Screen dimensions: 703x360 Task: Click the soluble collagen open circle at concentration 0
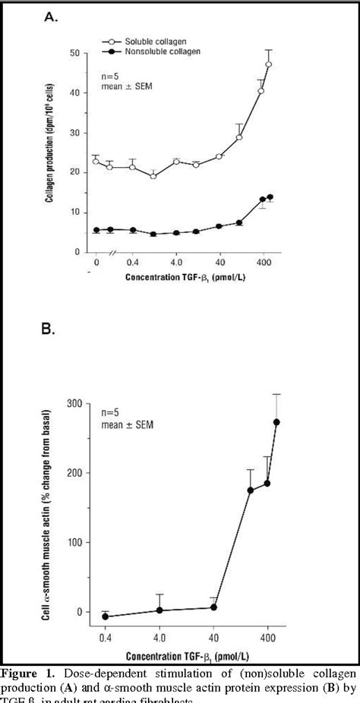pyautogui.click(x=95, y=162)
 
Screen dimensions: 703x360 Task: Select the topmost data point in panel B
pyautogui.click(x=276, y=422)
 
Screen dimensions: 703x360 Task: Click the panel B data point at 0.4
pyautogui.click(x=106, y=617)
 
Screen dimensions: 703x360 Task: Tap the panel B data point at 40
pyautogui.click(x=214, y=607)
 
